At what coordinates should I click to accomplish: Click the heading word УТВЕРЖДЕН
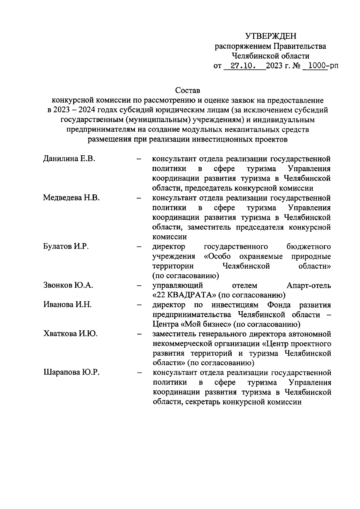coord(271,36)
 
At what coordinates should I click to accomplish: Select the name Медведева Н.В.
coord(71,198)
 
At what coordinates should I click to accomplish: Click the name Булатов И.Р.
coord(66,246)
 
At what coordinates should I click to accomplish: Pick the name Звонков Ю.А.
coord(68,285)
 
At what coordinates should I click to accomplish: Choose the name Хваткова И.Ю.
coord(70,334)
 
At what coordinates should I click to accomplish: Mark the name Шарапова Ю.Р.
coord(71,373)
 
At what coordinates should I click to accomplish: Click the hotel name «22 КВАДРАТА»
coord(184,295)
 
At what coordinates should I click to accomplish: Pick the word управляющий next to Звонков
coord(178,285)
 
